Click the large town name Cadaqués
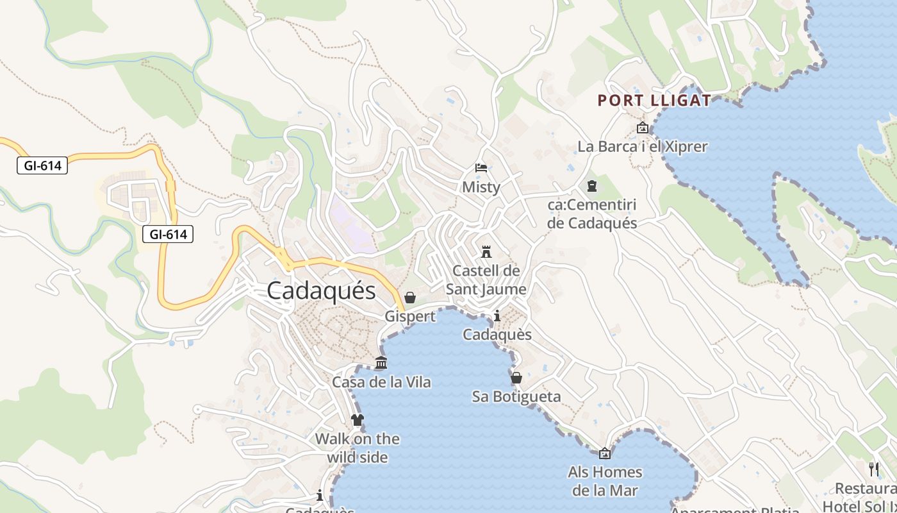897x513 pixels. pos(321,291)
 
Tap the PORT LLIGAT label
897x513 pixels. pos(654,101)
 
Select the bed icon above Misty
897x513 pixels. pos(481,168)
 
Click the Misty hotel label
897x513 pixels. pos(481,187)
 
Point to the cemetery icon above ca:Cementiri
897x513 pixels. pos(592,186)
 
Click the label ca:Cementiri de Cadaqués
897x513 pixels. pos(592,214)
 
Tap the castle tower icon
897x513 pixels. pos(486,251)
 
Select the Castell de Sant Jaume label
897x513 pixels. pos(486,280)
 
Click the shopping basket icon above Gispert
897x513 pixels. pos(410,298)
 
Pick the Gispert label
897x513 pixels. pos(410,316)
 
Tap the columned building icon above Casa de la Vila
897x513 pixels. pos(381,363)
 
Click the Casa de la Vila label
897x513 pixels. pos(381,382)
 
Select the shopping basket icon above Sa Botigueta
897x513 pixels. pos(516,378)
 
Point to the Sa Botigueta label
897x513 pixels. pos(516,396)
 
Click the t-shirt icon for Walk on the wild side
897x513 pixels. pos(358,420)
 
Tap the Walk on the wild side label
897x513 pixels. pos(358,448)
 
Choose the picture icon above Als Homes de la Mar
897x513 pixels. pos(604,454)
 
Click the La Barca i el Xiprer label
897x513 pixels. pos(643,146)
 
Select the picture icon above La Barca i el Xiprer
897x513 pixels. pos(643,128)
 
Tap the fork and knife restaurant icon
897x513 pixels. pos(873,469)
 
